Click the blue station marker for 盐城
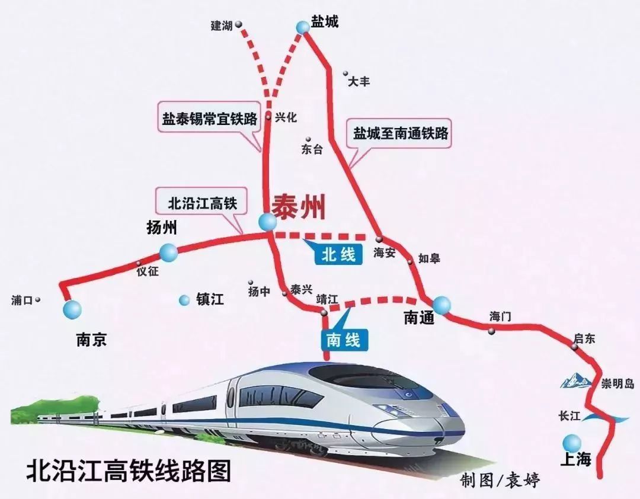pyautogui.click(x=303, y=27)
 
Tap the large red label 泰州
pyautogui.click(x=299, y=209)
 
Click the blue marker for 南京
pyautogui.click(x=73, y=309)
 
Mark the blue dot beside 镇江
pyautogui.click(x=185, y=300)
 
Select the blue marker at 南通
pyautogui.click(x=441, y=305)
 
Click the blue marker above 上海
pyautogui.click(x=572, y=442)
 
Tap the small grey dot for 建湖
pyautogui.click(x=239, y=25)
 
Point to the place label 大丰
pyautogui.click(x=359, y=82)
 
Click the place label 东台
pyautogui.click(x=312, y=150)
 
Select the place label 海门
pyautogui.click(x=500, y=316)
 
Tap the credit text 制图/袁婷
pyautogui.click(x=500, y=480)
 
